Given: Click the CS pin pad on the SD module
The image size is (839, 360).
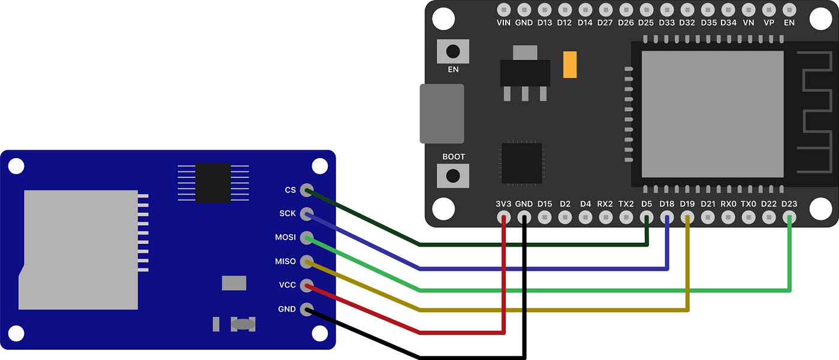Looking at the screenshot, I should pos(306,190).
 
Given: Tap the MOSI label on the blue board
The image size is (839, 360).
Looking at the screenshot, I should pos(285,238).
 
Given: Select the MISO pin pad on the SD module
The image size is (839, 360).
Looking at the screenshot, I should pos(306,262).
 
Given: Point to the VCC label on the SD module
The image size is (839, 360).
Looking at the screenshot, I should pos(288,285).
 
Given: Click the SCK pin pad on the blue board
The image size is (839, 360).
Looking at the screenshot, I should pos(306,214).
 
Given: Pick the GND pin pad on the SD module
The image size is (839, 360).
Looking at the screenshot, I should pos(306,309).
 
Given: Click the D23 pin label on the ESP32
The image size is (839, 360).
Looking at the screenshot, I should pos(789,204).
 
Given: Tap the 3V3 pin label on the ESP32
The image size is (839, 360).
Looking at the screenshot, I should pos(503,204).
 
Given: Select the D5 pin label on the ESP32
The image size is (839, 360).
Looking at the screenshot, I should pos(647,204).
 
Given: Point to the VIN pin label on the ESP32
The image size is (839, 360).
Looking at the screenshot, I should pos(503,23).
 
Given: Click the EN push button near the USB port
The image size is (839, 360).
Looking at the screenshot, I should pos(453,50).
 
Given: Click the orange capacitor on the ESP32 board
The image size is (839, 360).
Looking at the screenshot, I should pos(570,65).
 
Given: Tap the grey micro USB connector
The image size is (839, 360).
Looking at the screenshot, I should pos(442,114).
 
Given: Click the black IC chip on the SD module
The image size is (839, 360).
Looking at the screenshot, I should pos(213,183).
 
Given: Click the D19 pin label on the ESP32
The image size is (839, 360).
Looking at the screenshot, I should pos(687,204).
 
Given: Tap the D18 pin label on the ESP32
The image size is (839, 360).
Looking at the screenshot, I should pos(667,204).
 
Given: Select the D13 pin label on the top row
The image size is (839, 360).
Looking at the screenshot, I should pos(544,23).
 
